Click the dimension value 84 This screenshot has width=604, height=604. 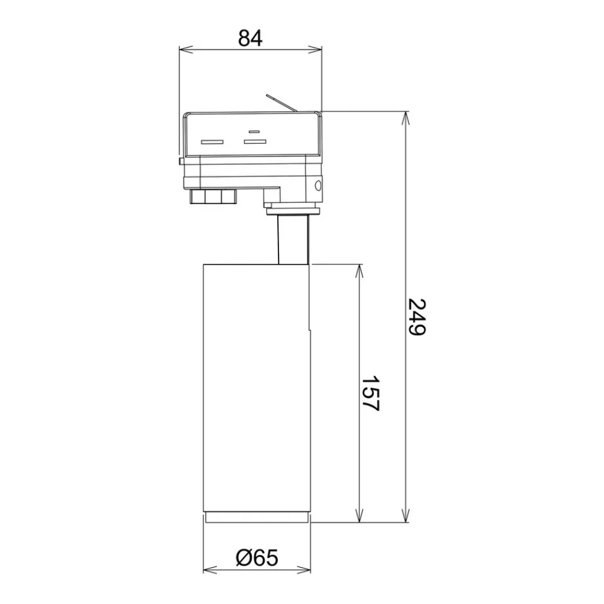tap(251, 38)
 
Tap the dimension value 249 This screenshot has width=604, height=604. tap(416, 316)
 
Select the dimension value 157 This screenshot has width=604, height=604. tap(371, 394)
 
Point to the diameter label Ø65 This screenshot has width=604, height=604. tap(257, 557)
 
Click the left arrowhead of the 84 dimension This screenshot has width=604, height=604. tap(185, 50)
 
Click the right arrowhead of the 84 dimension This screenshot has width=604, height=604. tap(315, 50)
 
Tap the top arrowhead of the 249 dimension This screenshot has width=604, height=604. tap(405, 118)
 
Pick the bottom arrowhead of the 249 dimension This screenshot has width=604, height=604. tap(405, 515)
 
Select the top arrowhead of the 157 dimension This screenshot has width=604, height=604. tap(359, 271)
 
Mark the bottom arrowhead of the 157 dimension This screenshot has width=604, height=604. tap(359, 515)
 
